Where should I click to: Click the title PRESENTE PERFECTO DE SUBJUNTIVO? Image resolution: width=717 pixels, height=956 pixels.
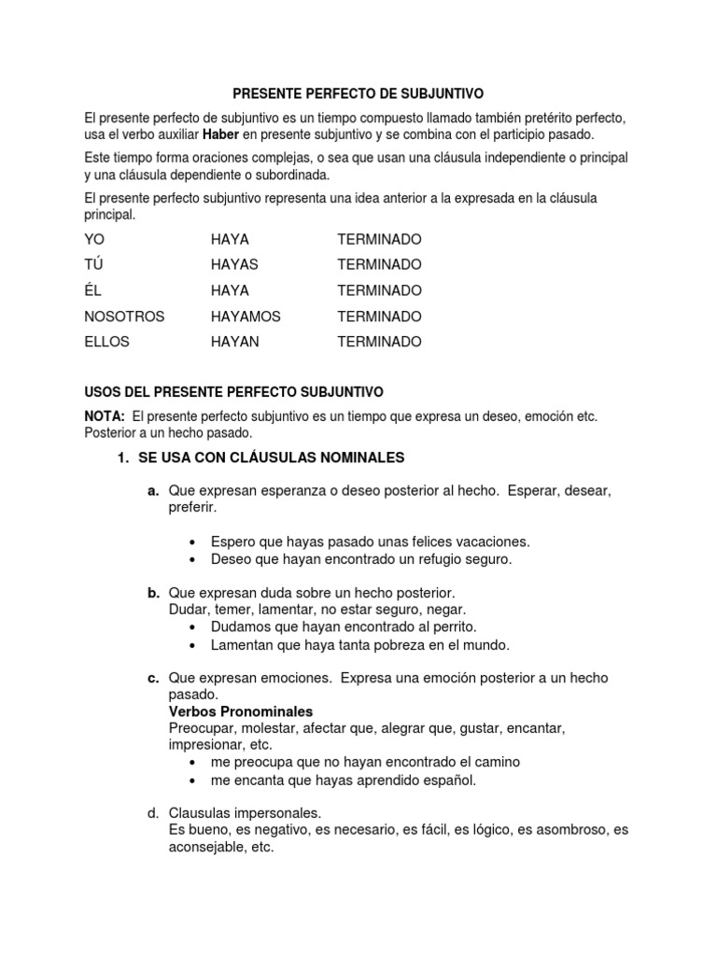(358, 93)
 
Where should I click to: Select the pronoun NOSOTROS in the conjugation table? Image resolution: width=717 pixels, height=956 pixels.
(123, 316)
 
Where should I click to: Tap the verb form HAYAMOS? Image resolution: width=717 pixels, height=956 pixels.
(246, 316)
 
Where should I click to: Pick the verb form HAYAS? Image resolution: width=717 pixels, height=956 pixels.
(234, 264)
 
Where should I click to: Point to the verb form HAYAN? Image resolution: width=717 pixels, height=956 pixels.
(235, 342)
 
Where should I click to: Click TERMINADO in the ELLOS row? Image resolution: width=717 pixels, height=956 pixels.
(379, 342)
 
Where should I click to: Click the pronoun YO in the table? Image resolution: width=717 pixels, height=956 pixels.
(94, 239)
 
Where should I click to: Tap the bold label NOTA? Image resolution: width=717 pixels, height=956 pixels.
(105, 416)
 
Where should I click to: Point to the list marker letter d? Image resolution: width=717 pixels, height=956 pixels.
(153, 812)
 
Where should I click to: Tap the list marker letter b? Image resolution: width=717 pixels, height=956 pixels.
(153, 593)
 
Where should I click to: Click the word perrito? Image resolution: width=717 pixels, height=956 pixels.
(452, 626)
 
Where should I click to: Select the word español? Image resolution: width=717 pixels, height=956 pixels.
(451, 780)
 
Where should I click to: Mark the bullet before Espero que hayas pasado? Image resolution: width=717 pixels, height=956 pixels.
(192, 542)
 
